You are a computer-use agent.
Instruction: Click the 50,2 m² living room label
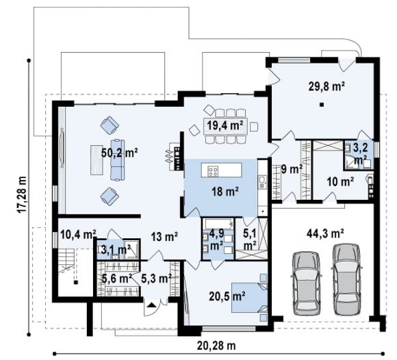click(x=120, y=153)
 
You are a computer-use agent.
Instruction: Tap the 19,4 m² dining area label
click(x=225, y=125)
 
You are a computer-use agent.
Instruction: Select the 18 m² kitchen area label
click(x=225, y=192)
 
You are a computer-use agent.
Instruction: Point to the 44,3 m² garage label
click(x=325, y=233)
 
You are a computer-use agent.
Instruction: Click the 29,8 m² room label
click(x=326, y=86)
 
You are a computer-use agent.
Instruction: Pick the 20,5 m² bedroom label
click(x=227, y=296)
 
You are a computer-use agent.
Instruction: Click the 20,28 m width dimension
click(x=216, y=346)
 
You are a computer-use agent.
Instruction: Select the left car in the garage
click(x=307, y=283)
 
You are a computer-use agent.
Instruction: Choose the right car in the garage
click(x=346, y=279)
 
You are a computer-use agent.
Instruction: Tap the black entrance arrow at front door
click(x=151, y=305)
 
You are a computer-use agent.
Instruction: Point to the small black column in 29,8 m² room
click(x=322, y=104)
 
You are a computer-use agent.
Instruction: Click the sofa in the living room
click(x=118, y=159)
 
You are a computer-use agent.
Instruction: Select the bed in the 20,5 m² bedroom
click(x=250, y=298)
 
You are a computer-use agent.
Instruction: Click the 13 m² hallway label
click(x=164, y=237)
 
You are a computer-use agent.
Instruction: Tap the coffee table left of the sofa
click(x=97, y=159)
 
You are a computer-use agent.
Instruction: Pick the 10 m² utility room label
click(x=340, y=181)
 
